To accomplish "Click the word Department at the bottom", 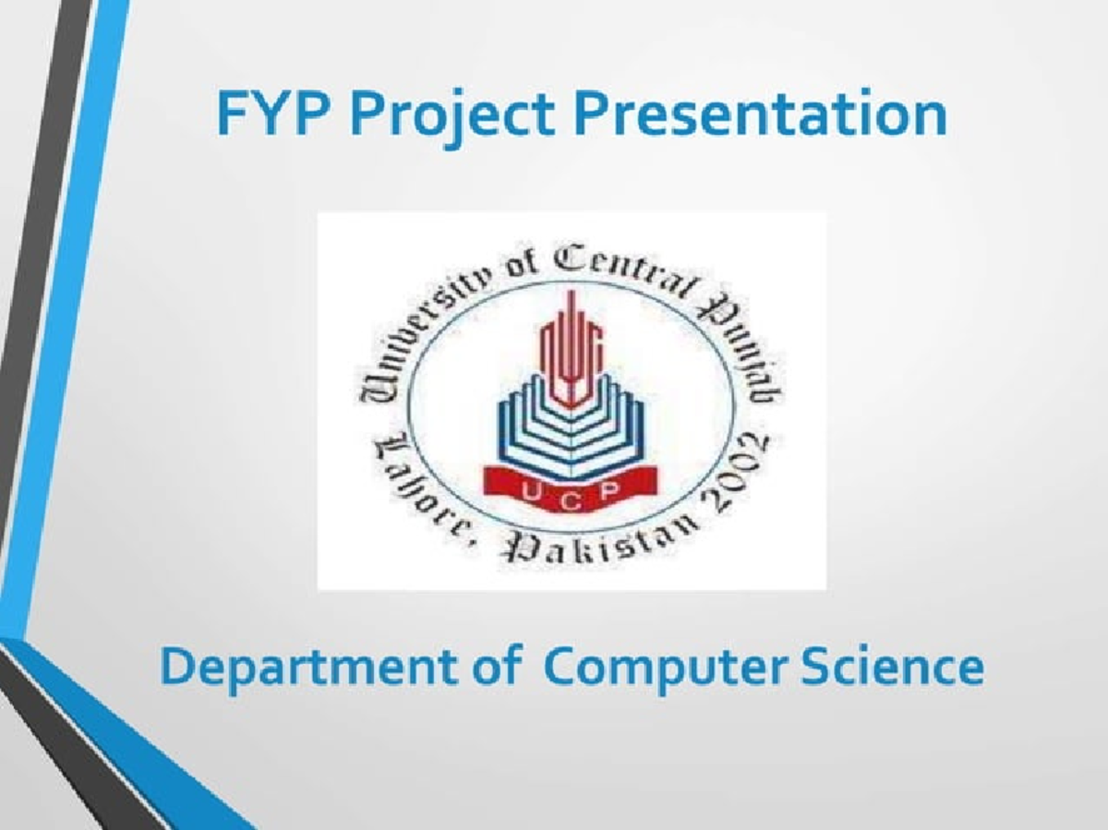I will pyautogui.click(x=310, y=668).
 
